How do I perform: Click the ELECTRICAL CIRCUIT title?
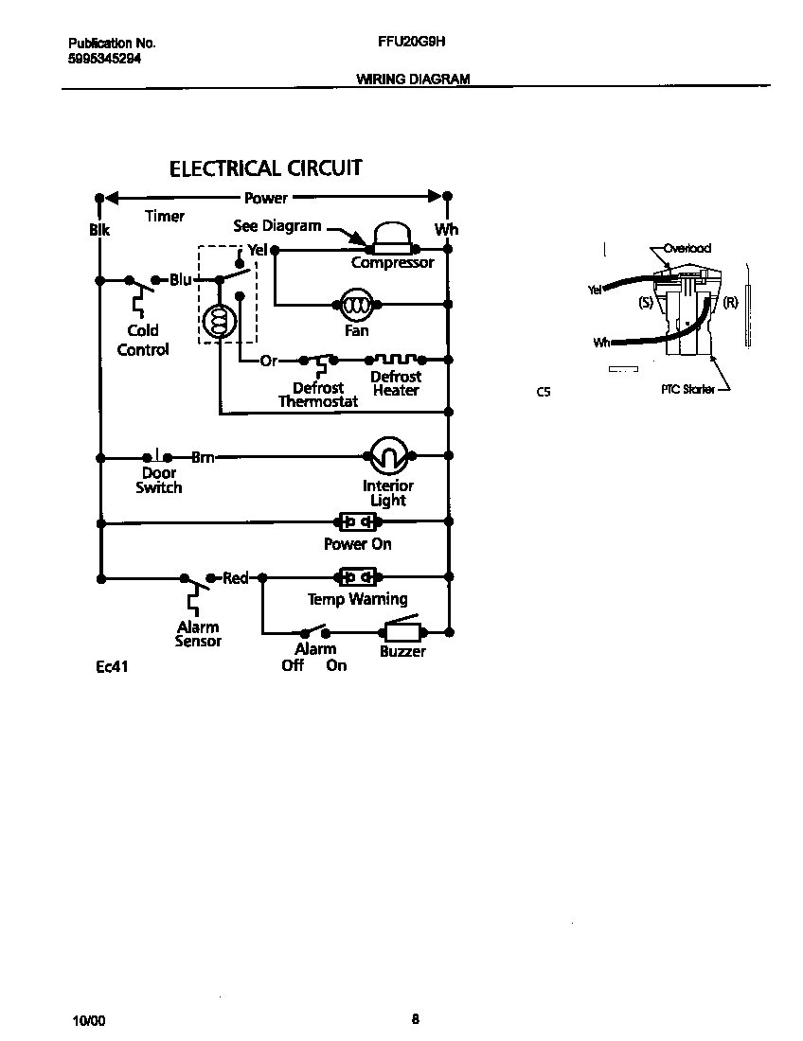point(265,168)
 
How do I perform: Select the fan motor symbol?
point(356,305)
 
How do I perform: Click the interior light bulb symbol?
point(386,457)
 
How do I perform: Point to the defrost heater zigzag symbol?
point(395,360)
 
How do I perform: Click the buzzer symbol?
point(401,631)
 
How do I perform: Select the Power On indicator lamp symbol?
point(357,521)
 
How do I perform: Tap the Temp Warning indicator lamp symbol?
point(357,576)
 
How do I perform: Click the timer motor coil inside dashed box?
point(219,324)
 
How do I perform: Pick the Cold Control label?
point(143,340)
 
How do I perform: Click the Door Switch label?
point(158,480)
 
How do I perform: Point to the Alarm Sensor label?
point(198,634)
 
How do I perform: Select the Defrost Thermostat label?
point(318,395)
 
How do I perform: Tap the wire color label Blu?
point(181,280)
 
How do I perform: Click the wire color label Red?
point(235,578)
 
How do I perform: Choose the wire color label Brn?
point(203,457)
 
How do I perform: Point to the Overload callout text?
point(687,248)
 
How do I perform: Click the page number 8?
point(415,1019)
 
